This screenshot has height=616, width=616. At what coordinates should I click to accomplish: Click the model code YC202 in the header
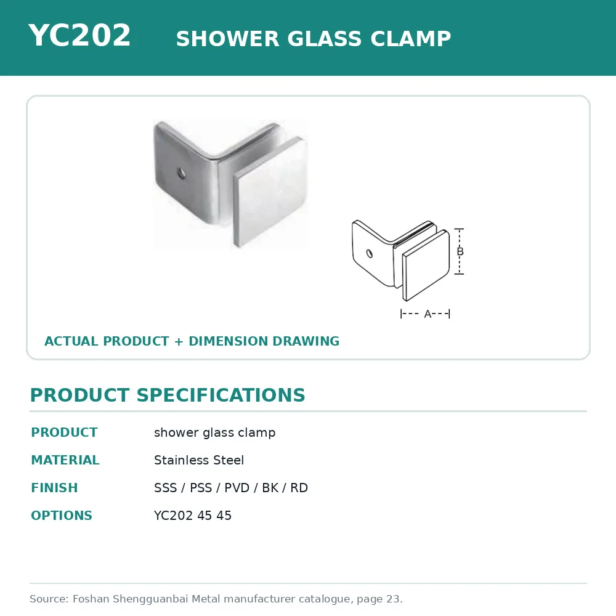(79, 35)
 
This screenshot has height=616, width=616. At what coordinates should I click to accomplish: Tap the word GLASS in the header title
(324, 38)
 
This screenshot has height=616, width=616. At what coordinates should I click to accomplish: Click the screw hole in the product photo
(181, 173)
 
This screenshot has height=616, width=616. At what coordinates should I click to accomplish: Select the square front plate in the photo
(270, 192)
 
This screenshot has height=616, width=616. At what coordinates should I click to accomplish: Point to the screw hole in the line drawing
(369, 253)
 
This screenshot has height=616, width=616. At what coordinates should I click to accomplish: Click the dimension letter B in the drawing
(460, 251)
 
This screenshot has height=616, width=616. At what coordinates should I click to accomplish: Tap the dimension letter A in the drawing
(428, 314)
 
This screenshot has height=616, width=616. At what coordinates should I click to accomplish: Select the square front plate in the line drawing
(426, 265)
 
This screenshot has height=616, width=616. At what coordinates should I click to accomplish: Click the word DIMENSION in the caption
(229, 341)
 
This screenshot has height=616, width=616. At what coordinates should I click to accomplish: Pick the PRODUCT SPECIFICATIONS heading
(168, 395)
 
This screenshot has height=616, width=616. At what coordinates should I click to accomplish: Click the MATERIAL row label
(65, 460)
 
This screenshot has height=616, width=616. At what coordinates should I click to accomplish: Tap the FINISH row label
(55, 487)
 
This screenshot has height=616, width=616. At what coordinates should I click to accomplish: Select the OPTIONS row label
(62, 516)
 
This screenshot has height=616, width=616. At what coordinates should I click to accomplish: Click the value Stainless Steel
(199, 460)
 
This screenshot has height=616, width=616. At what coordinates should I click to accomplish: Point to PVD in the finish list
(237, 487)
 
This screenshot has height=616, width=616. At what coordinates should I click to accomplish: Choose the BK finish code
(270, 487)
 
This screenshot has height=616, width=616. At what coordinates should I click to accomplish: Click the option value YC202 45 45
(192, 516)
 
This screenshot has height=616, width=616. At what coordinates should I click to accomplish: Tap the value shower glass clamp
(214, 432)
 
